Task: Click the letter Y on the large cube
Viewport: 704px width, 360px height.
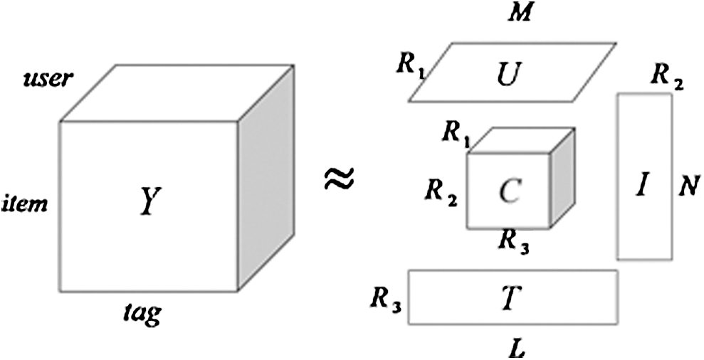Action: tap(147, 204)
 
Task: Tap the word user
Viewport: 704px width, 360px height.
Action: tap(48, 78)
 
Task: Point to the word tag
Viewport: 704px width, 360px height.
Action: tap(141, 311)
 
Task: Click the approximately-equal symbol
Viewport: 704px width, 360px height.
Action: tap(340, 179)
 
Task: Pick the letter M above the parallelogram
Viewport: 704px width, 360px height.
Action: tap(522, 13)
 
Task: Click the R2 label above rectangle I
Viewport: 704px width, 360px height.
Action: tap(667, 76)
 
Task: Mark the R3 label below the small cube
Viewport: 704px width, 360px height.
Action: tap(513, 244)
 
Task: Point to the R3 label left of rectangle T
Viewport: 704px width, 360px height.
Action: tap(386, 299)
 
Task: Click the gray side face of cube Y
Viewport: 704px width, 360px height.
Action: tap(265, 178)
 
